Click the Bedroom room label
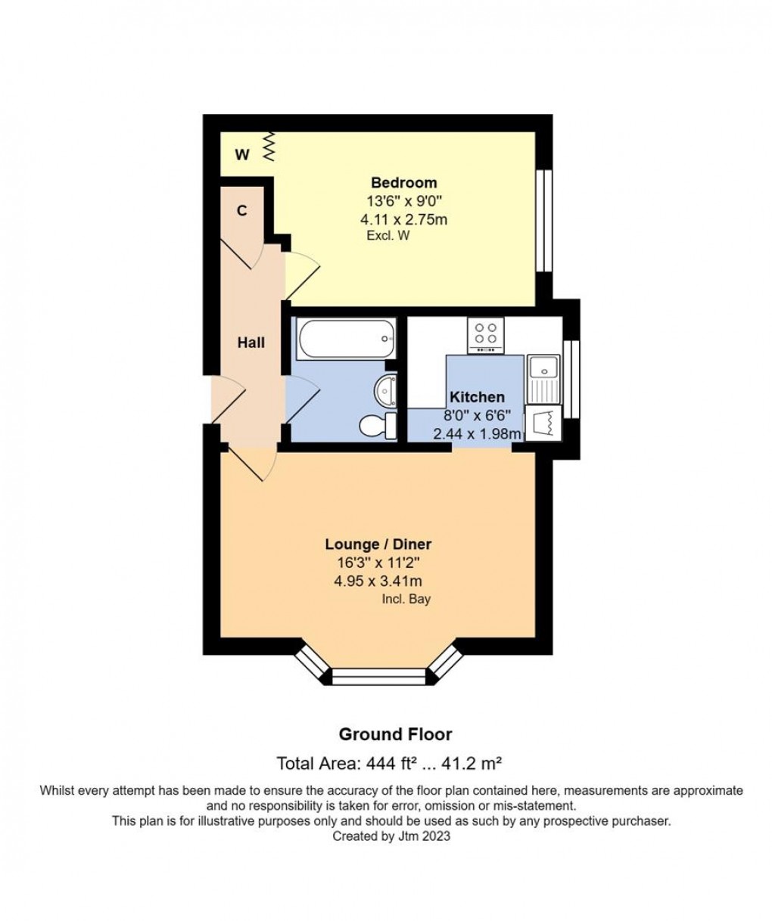(403, 182)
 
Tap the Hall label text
(251, 343)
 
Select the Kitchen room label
(477, 397)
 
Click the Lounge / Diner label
(378, 544)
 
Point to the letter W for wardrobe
(242, 154)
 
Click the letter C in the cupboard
(241, 211)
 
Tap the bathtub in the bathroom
(346, 338)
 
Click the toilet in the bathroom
(378, 426)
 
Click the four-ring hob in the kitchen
(485, 334)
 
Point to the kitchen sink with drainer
(543, 380)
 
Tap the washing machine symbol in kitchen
(543, 424)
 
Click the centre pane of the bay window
(378, 677)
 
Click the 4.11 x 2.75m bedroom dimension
(403, 219)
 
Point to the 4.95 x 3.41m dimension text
(378, 581)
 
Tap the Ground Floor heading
(395, 734)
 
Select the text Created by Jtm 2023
(391, 836)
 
